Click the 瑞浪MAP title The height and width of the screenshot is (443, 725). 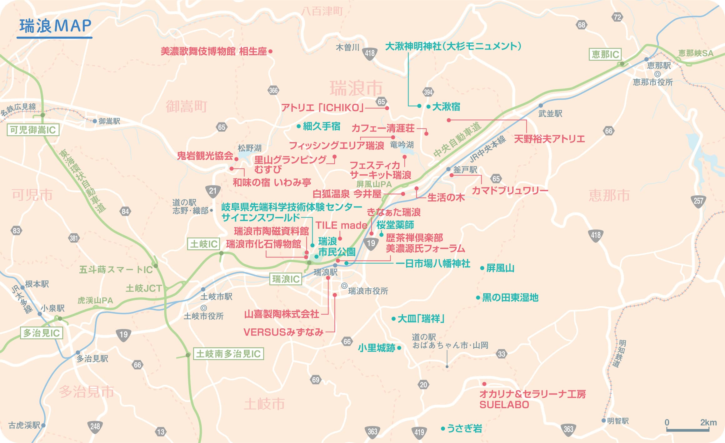coord(55,26)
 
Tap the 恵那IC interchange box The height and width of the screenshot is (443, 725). coord(605,54)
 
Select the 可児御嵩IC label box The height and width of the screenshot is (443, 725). coord(33,130)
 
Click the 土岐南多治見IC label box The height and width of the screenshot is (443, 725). coord(228,354)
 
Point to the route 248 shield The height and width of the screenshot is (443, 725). coord(95,426)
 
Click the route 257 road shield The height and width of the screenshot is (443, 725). coord(698,201)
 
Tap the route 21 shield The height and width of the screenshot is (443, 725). coord(213,191)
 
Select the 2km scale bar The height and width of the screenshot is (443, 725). coord(687,430)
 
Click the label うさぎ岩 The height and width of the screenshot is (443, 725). coord(464,428)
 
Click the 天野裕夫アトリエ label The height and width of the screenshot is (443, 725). coord(549,139)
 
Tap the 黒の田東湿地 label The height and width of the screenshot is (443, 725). coord(510,297)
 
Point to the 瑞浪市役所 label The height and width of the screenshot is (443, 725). coord(368,291)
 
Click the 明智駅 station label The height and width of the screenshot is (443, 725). coord(617,421)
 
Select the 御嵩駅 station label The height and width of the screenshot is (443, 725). coord(109,121)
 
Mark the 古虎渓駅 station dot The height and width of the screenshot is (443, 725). coord(43,425)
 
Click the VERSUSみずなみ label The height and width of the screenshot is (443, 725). coord(283,332)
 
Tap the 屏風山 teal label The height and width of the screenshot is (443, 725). coord(500,268)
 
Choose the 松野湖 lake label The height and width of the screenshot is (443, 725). coord(249,148)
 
